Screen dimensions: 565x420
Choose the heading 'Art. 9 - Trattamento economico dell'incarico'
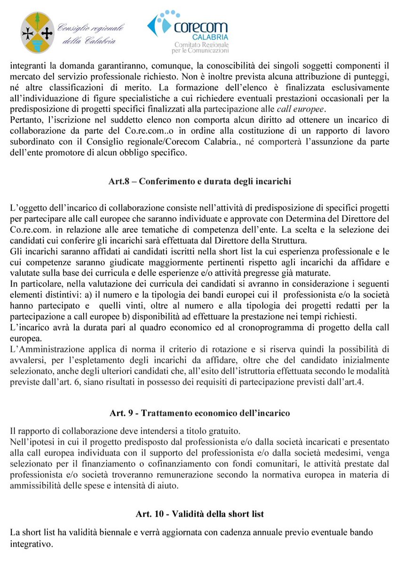[x=199, y=413]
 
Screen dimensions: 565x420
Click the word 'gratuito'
[x=221, y=431]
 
